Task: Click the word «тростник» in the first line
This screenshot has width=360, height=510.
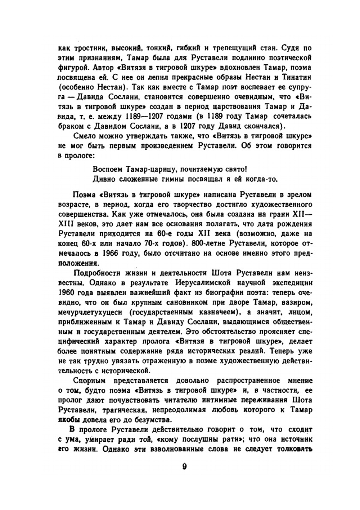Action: [86, 48]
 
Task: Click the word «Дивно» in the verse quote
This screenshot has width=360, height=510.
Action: [102, 179]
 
